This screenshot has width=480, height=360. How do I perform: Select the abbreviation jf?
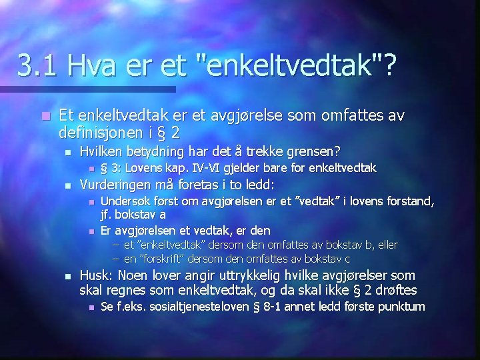tap(107, 215)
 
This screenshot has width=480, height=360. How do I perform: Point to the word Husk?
tap(95, 275)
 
